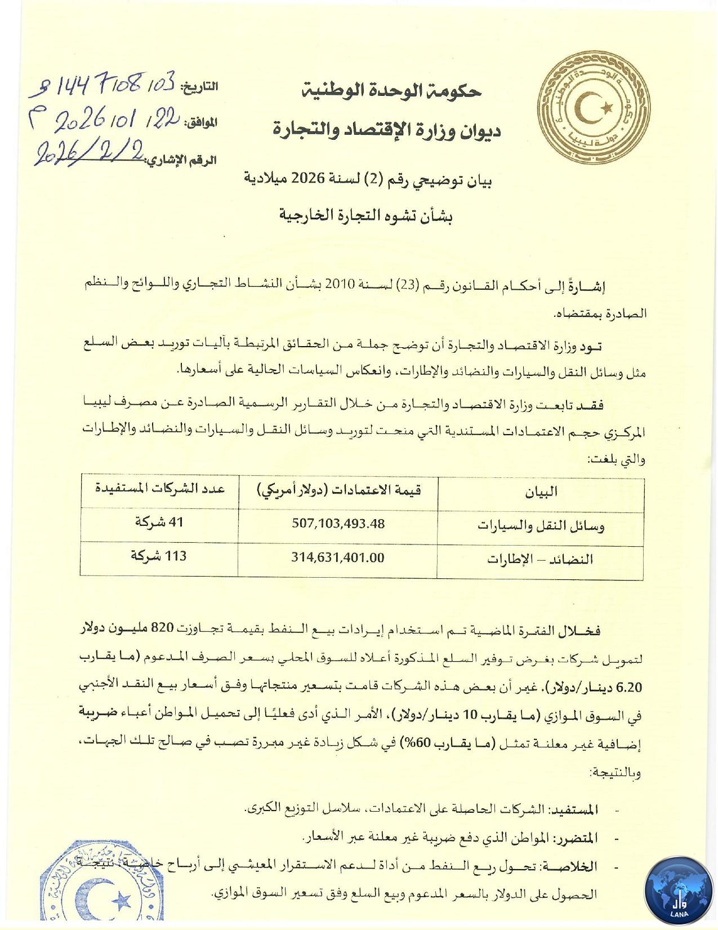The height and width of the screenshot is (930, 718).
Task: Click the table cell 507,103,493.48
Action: pyautogui.click(x=338, y=524)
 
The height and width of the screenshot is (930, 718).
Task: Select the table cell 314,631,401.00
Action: pyautogui.click(x=338, y=558)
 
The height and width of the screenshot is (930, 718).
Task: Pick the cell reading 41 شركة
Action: pyautogui.click(x=159, y=522)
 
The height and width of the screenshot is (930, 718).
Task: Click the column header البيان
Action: pyautogui.click(x=541, y=492)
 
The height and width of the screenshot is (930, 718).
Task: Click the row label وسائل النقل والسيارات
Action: pyautogui.click(x=541, y=526)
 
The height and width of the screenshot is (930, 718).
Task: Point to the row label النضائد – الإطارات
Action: pyautogui.click(x=541, y=559)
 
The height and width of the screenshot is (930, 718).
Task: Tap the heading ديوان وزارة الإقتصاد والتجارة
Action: pyautogui.click(x=387, y=131)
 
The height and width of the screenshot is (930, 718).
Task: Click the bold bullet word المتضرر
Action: pyautogui.click(x=577, y=838)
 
